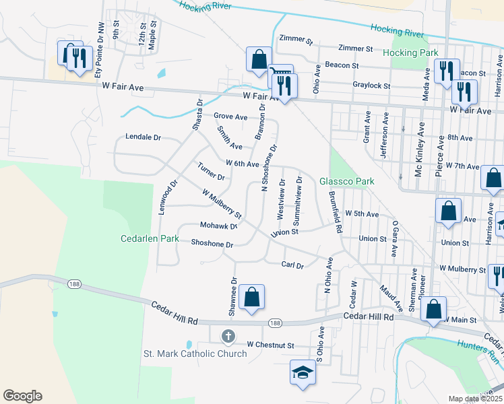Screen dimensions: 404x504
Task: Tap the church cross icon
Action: [228, 336]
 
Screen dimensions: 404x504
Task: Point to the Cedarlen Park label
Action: [150, 238]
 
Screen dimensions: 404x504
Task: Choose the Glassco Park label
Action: [346, 181]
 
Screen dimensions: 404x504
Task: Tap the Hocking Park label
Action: [410, 53]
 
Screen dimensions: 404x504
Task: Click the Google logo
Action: [22, 396]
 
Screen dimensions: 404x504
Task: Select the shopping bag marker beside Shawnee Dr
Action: [251, 297]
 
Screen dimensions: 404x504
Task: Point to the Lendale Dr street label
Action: [144, 137]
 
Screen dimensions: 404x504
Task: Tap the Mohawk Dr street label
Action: [218, 226]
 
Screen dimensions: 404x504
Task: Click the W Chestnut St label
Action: [270, 345]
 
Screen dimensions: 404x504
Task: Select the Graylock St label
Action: [371, 86]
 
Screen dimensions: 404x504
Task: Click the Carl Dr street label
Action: [292, 266]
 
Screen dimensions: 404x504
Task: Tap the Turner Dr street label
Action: [211, 172]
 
